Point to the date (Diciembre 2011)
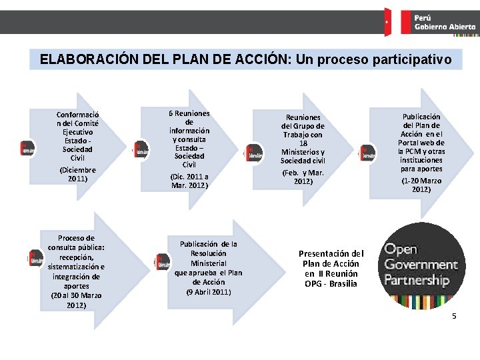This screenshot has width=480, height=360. (x=77, y=174)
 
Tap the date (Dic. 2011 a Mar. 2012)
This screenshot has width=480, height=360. (x=189, y=181)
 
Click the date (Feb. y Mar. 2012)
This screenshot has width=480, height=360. (x=303, y=177)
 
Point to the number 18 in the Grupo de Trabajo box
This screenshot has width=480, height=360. (x=303, y=143)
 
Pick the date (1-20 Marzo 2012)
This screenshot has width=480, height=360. (x=420, y=185)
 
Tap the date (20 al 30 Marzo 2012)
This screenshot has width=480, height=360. (x=76, y=300)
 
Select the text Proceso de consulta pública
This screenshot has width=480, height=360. (x=76, y=247)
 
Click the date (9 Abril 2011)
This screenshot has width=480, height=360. (x=209, y=291)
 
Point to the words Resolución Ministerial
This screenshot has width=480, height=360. (x=209, y=258)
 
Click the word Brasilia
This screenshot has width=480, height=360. (x=341, y=283)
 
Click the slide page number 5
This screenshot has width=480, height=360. (x=454, y=315)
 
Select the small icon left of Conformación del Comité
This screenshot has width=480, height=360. (x=28, y=149)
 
